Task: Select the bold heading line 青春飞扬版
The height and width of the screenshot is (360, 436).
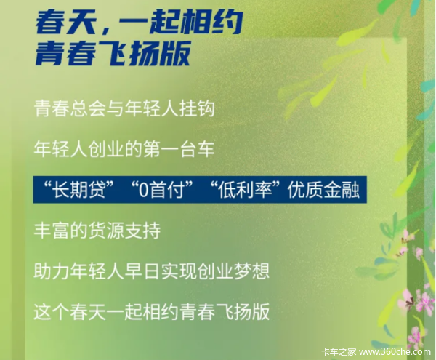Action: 113,53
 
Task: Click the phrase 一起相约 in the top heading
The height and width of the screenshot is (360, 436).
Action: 177,22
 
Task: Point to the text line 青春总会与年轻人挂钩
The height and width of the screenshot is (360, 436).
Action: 124,108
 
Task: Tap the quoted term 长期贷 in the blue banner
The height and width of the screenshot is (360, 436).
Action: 80,190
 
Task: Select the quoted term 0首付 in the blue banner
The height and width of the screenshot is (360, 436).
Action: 162,190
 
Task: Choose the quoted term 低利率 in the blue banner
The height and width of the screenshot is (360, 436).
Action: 245,190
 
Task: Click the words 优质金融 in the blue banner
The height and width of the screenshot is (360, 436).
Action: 323,190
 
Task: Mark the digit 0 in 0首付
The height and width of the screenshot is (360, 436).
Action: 143,190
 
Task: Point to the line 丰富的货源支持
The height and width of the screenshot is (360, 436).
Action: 97,231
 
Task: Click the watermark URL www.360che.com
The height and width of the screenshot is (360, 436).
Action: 395,352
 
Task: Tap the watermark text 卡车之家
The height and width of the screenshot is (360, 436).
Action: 339,352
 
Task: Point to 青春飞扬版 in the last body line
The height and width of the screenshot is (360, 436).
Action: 225,311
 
